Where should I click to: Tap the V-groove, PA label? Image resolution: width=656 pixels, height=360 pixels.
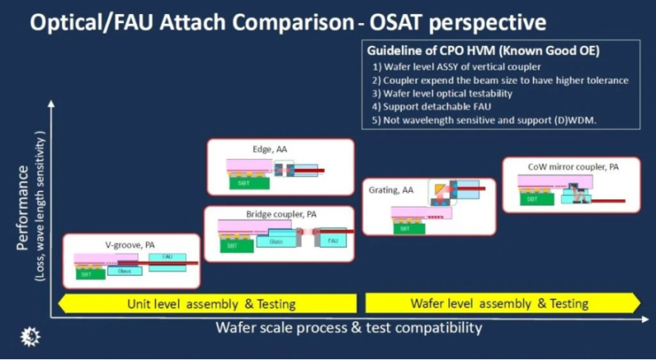[x=131, y=244]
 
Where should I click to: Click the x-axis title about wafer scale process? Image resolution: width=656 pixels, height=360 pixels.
[x=348, y=330]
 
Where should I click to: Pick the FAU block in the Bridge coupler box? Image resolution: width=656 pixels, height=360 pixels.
[x=332, y=241]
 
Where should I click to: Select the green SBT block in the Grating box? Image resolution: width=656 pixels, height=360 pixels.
[x=405, y=229]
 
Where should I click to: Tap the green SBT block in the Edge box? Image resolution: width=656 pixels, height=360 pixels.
[x=240, y=182]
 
